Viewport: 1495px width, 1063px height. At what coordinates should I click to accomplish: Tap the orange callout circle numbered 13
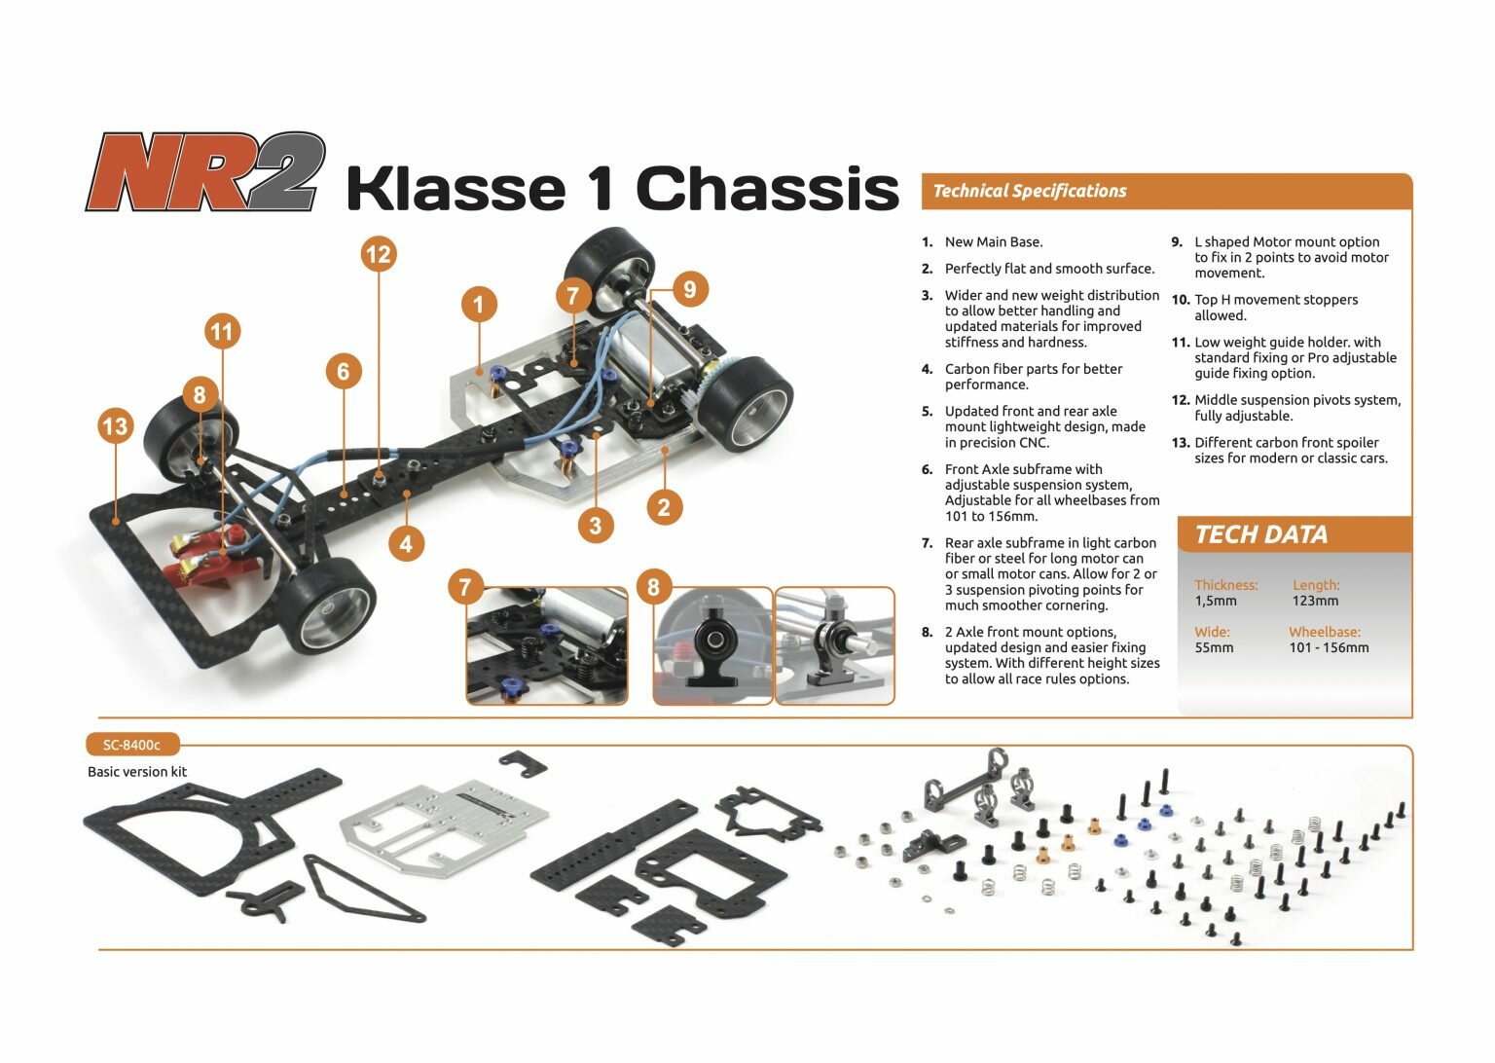(115, 426)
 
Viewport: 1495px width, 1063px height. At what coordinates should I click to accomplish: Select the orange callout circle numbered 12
(378, 255)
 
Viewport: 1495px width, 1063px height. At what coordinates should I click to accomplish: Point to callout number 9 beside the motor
(689, 289)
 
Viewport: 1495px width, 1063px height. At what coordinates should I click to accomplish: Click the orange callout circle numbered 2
(664, 506)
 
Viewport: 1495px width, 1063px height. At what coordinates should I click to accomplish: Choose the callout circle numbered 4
(406, 543)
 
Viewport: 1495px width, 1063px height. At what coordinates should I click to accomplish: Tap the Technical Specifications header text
(1029, 192)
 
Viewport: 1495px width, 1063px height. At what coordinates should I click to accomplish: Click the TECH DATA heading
(1260, 534)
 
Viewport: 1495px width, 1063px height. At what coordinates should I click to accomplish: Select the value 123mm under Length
(1315, 601)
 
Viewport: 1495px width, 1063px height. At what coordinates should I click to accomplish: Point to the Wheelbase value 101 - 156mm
(1329, 647)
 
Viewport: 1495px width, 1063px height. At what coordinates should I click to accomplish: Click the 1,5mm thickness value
(1216, 601)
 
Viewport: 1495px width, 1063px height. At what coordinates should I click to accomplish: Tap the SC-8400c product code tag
(131, 746)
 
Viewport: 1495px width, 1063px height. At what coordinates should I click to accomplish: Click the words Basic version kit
(137, 772)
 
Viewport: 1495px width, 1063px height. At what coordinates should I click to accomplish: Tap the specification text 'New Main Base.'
(993, 242)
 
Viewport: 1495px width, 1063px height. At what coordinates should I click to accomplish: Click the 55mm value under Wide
(1214, 647)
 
